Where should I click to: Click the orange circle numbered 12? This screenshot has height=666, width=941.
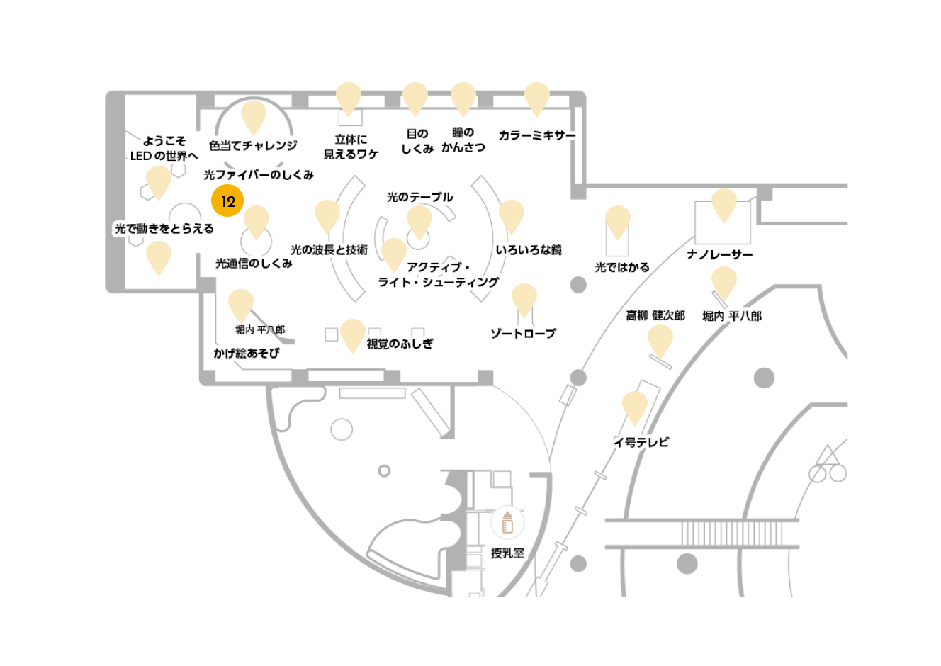click(227, 201)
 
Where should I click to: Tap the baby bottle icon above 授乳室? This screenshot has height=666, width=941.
click(507, 522)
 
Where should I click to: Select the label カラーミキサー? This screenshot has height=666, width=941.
click(537, 135)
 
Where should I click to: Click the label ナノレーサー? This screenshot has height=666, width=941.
click(720, 254)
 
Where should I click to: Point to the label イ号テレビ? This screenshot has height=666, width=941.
click(641, 442)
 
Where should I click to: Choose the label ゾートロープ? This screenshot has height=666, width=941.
click(524, 334)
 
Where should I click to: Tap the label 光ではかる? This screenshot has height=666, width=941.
click(622, 267)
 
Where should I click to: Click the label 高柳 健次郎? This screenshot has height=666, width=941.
click(655, 315)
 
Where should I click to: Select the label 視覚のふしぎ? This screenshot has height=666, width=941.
click(400, 344)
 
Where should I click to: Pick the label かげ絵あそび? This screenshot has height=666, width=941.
click(246, 353)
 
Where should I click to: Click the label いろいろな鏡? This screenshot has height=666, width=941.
click(529, 250)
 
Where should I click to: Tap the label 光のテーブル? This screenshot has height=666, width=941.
click(419, 197)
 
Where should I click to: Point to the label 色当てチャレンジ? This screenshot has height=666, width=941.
click(253, 145)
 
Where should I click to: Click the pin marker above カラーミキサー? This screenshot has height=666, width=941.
click(537, 99)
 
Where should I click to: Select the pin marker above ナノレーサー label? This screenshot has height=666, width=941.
click(724, 205)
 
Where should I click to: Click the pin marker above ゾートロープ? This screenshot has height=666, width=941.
click(524, 300)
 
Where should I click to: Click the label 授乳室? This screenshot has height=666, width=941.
click(507, 553)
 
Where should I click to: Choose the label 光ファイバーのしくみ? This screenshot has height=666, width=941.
click(259, 175)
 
